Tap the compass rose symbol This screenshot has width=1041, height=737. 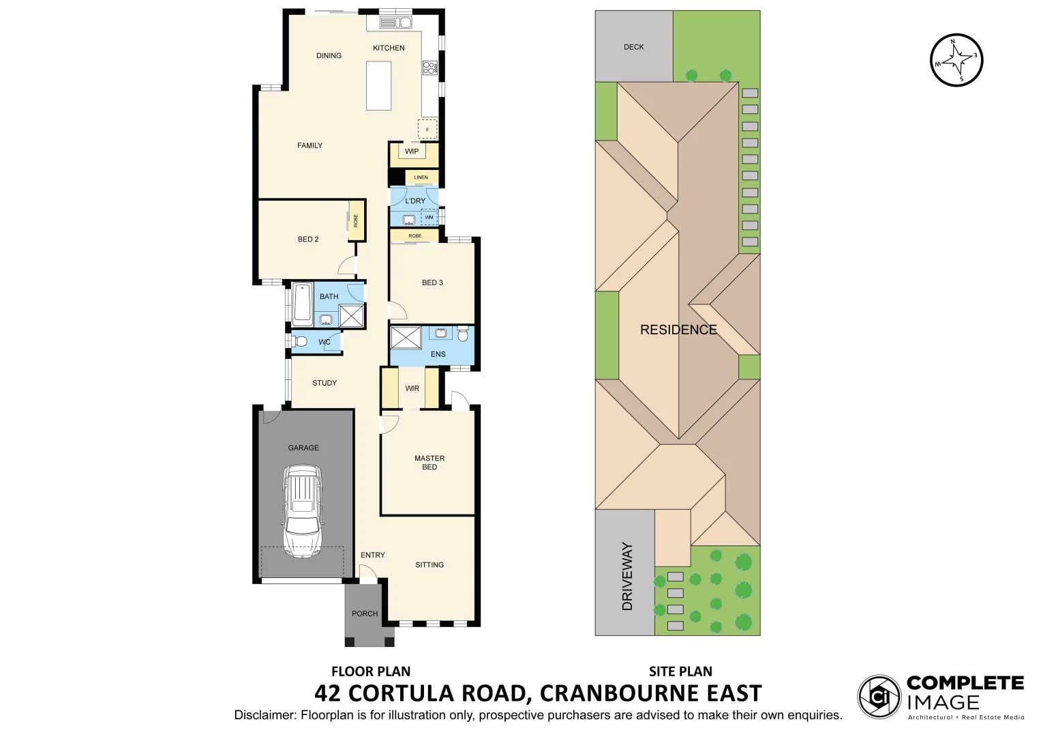click(x=957, y=60)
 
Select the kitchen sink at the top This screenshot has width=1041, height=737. click(x=395, y=23)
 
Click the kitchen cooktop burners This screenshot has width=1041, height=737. click(x=430, y=68)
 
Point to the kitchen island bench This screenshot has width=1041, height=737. click(x=378, y=85)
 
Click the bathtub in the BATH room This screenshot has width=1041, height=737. click(x=303, y=304)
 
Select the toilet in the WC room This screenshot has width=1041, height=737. click(x=300, y=341)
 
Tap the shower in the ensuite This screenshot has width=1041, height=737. click(x=406, y=337)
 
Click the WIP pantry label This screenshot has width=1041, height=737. click(x=412, y=151)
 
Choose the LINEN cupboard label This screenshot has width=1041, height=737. click(x=421, y=177)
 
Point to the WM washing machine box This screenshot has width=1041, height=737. click(x=429, y=218)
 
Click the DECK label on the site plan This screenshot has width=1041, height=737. click(x=633, y=47)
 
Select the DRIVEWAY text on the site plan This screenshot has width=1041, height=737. click(x=628, y=576)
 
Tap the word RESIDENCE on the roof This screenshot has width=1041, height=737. click(x=678, y=330)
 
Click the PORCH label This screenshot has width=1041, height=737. click(x=365, y=613)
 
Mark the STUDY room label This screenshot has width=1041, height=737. click(x=325, y=383)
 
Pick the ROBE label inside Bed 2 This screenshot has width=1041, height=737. click(x=355, y=220)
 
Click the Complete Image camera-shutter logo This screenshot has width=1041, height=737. click(x=879, y=697)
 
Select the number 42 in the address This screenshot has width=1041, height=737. click(x=328, y=693)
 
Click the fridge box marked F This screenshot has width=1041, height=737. click(x=427, y=129)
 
